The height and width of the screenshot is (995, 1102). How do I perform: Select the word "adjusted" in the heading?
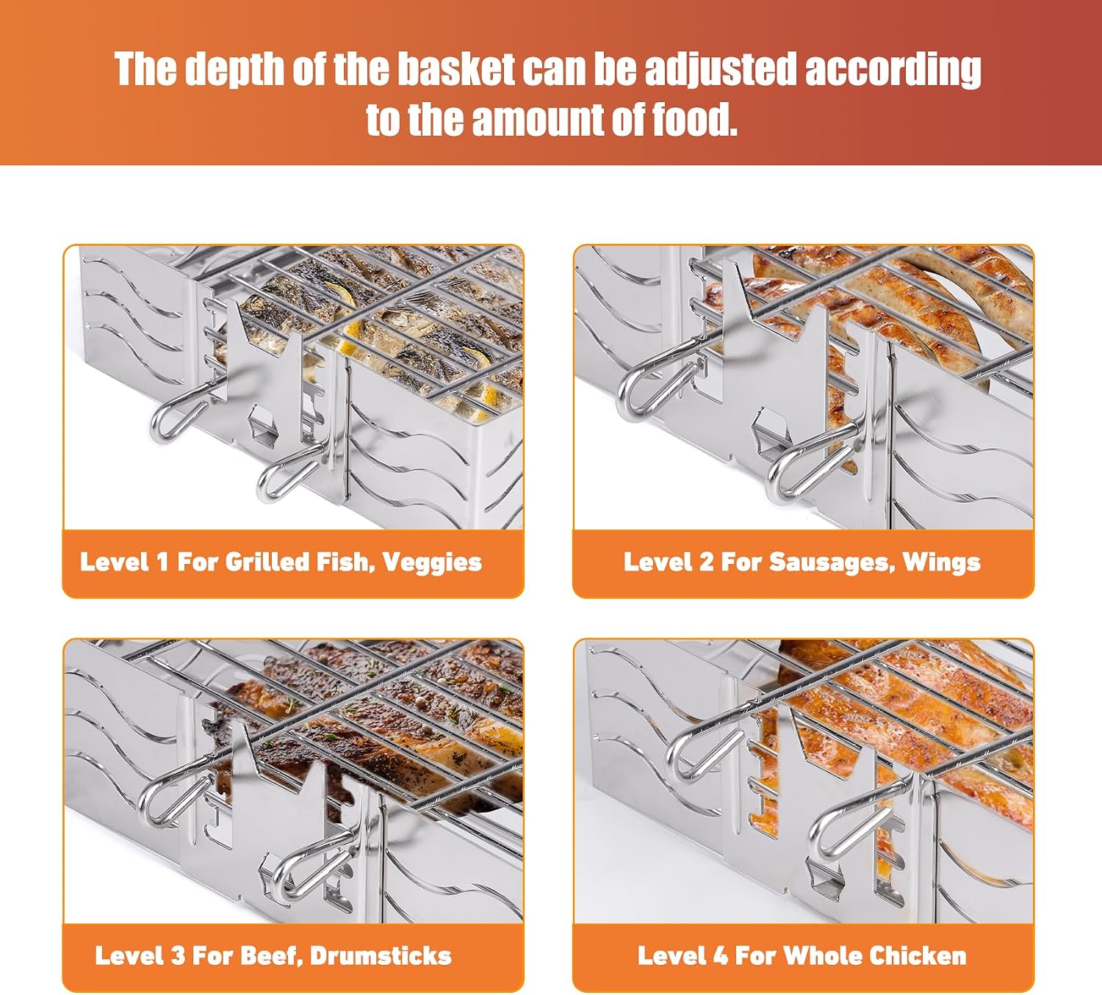click(x=720, y=70)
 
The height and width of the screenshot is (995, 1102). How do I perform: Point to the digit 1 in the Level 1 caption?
click(x=162, y=562)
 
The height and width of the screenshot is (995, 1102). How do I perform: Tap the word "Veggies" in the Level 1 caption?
click(x=432, y=563)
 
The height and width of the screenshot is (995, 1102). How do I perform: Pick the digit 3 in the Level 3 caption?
click(x=178, y=956)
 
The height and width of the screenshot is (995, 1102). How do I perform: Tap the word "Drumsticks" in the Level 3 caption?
click(x=381, y=956)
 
